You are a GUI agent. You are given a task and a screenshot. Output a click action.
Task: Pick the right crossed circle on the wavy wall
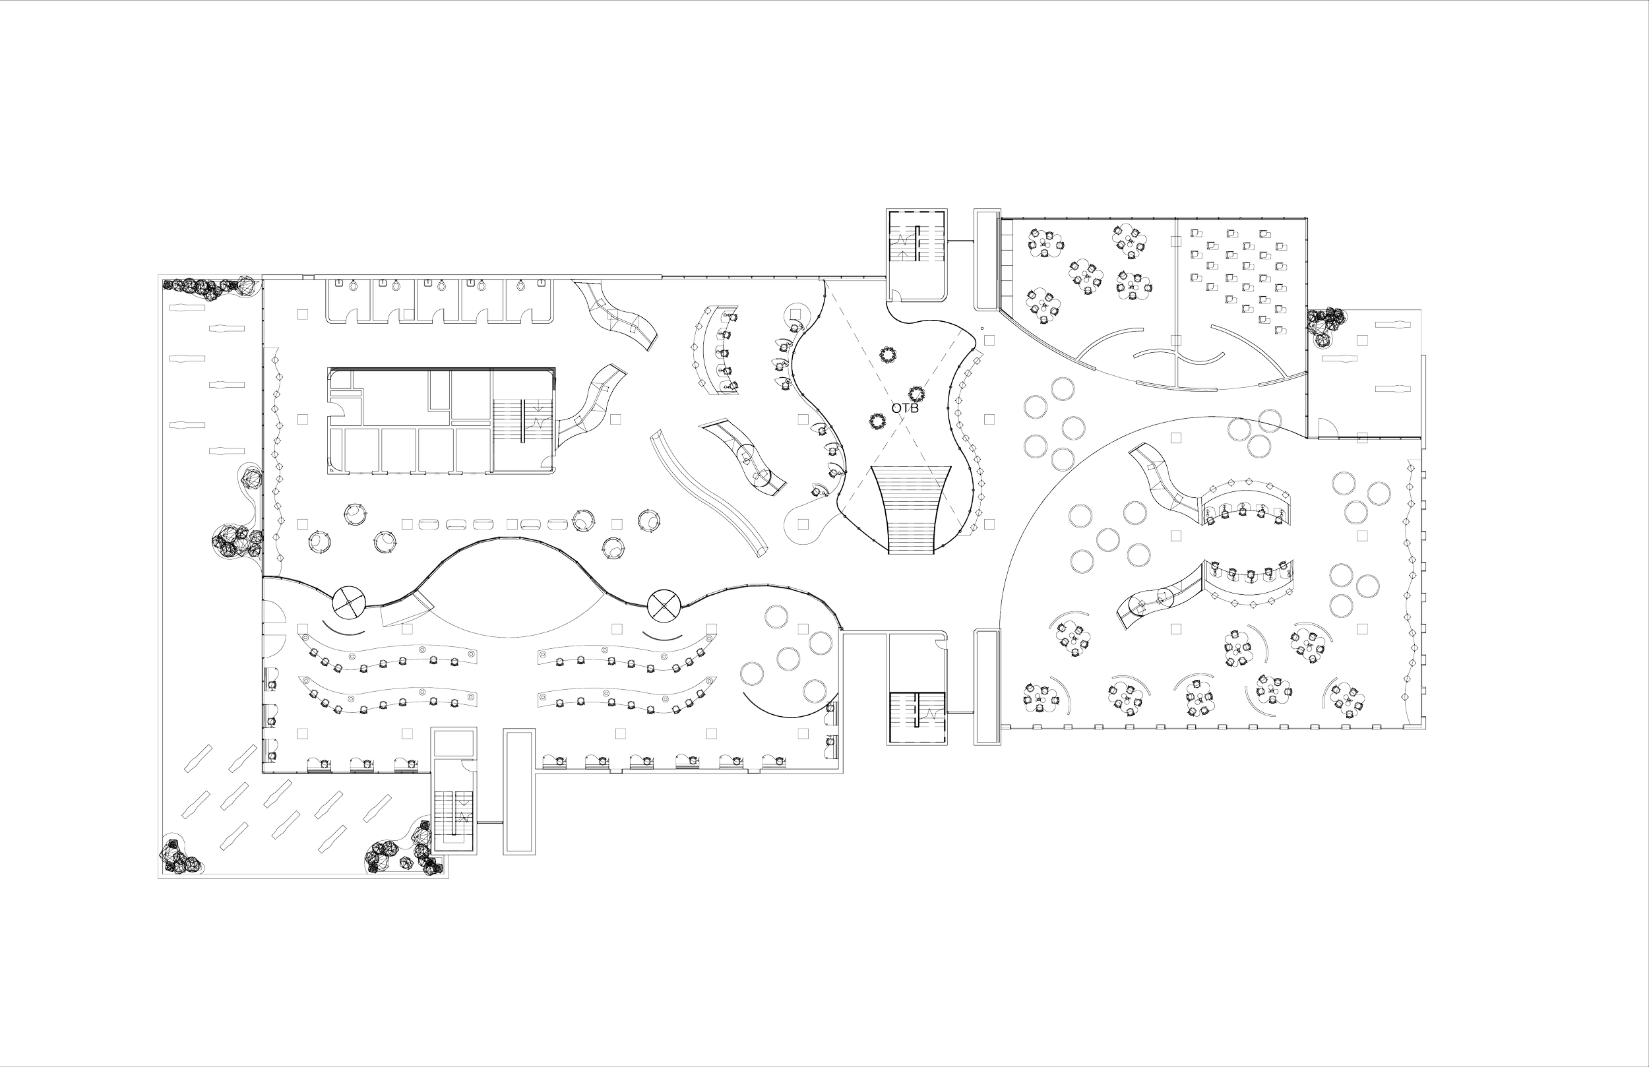[664, 605]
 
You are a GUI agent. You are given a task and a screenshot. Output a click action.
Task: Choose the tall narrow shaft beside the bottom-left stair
[518, 790]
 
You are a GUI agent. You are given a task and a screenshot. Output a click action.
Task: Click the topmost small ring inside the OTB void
[887, 354]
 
